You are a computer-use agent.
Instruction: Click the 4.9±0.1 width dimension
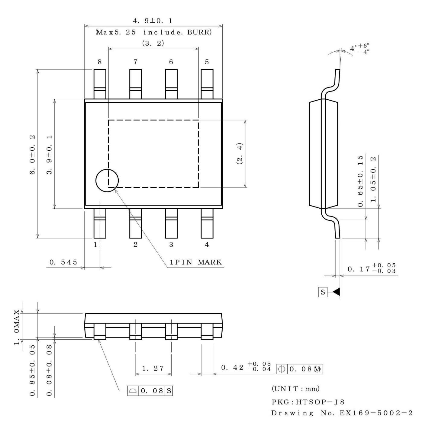tap(153, 21)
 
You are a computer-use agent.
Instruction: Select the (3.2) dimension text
tap(153, 43)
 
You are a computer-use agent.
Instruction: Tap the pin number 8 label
tap(100, 62)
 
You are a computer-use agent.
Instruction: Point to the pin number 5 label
tap(207, 62)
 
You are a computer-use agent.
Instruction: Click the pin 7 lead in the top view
tap(135, 84)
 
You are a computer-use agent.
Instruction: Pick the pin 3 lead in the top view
tap(171, 223)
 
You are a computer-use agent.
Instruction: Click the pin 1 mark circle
tap(107, 181)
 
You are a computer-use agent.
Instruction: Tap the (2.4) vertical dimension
tap(240, 153)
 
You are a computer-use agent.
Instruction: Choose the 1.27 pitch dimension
tap(153, 368)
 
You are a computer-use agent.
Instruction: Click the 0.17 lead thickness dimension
tap(371, 268)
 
